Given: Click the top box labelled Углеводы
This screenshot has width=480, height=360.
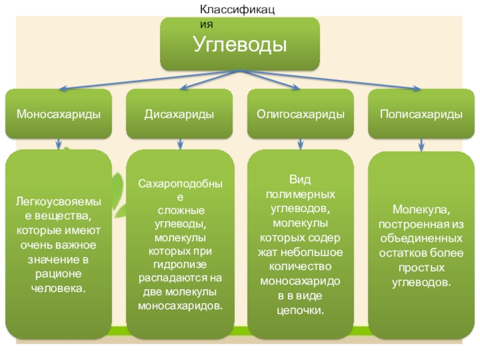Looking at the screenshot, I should (x=239, y=44).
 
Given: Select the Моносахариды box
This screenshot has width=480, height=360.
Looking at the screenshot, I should (x=58, y=114).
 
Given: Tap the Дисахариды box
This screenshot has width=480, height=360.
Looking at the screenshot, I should (x=179, y=114).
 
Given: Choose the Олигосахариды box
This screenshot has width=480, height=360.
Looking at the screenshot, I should (x=301, y=114).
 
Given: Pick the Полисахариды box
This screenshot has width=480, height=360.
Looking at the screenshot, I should (x=421, y=114).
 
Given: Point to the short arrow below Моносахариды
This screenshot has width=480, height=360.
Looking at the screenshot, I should (x=59, y=144).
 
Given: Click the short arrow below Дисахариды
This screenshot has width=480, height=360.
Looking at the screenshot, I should (x=179, y=144).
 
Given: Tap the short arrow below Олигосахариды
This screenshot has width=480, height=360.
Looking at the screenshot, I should (x=301, y=144).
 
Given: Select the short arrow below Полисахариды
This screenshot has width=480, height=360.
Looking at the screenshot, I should (x=422, y=145).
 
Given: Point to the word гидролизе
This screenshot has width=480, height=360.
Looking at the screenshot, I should (x=179, y=265).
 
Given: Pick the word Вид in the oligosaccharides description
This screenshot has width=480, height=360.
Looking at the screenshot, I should (x=300, y=180).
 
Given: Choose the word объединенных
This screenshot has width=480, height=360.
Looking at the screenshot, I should (x=421, y=239).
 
